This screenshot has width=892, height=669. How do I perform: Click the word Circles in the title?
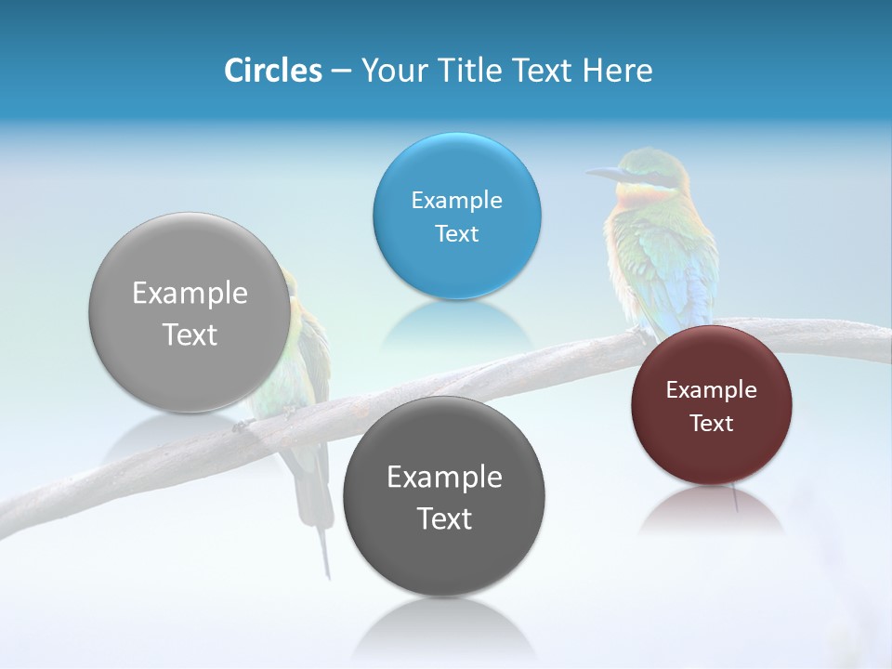273,71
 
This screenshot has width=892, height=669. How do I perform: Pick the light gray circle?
190,372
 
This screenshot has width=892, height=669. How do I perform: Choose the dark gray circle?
444,557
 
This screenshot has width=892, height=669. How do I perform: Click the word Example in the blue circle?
456,200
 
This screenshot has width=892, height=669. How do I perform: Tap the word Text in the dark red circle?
712,424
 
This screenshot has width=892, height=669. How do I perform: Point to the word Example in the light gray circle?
190,294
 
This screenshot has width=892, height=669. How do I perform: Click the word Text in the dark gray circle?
444,518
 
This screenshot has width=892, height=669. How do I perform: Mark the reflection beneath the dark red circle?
711,509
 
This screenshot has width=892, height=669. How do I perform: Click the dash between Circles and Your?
341,71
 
